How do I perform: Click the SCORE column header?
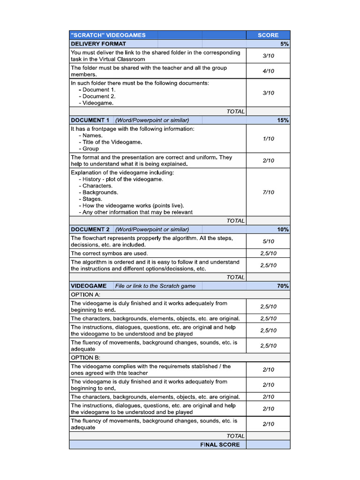[x=268, y=35]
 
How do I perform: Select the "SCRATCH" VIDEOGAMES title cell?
[x=108, y=35]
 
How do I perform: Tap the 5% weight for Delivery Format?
[x=285, y=44]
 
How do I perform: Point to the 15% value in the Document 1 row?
[x=283, y=120]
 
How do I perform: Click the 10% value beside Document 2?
[x=283, y=229]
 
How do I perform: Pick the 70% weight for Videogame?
[x=283, y=285]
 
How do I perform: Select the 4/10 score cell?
[x=268, y=71]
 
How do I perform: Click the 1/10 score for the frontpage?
[x=268, y=139]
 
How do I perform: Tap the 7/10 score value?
[x=268, y=192]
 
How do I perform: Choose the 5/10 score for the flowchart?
[x=268, y=241]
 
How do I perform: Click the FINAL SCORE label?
[x=220, y=444]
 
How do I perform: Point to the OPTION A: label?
[x=85, y=295]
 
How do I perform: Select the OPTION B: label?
[x=85, y=358]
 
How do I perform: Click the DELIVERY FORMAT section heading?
[x=98, y=44]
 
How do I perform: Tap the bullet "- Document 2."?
[x=97, y=96]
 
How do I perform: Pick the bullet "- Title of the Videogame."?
[x=110, y=142]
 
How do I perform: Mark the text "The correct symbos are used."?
[x=109, y=253]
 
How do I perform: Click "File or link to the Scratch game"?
[x=156, y=286]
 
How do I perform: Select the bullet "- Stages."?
[x=92, y=199]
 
